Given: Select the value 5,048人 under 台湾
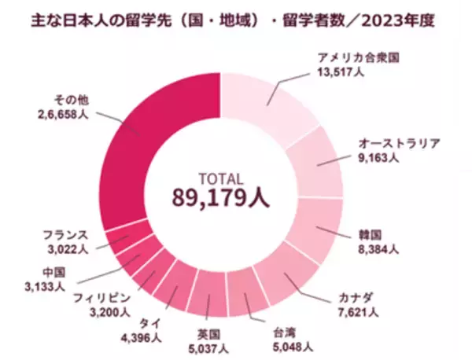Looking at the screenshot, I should tap(293, 346).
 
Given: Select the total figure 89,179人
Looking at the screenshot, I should tap(221, 198).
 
